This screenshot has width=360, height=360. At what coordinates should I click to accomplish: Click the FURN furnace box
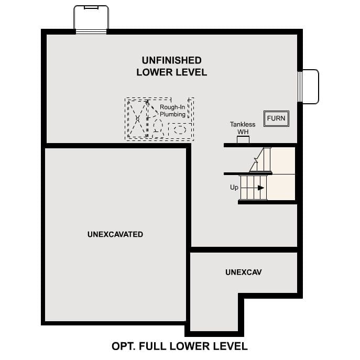[x=276, y=118]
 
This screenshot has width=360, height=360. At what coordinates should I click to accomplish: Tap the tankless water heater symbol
[x=243, y=140]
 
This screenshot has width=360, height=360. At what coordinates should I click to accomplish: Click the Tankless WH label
[x=243, y=128]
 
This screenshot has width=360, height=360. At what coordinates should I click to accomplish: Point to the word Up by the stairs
[x=234, y=187]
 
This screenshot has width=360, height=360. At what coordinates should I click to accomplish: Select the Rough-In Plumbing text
[x=172, y=111]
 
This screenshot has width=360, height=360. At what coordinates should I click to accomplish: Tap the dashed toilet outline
[x=158, y=126]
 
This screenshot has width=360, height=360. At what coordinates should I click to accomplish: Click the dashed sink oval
[x=180, y=128]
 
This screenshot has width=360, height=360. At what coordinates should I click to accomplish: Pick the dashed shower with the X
[x=138, y=119]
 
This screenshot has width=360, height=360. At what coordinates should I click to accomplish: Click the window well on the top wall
[x=91, y=19]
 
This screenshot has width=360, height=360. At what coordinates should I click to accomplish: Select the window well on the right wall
[x=309, y=86]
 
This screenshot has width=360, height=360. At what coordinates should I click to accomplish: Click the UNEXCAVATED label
[x=115, y=234]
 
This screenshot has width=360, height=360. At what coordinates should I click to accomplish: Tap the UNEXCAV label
[x=244, y=272]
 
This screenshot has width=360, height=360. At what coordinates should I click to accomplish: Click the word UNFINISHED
[x=171, y=60]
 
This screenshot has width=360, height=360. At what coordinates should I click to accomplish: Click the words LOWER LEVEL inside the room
[x=171, y=72]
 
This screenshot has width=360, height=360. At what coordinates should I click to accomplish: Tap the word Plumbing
[x=172, y=114]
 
